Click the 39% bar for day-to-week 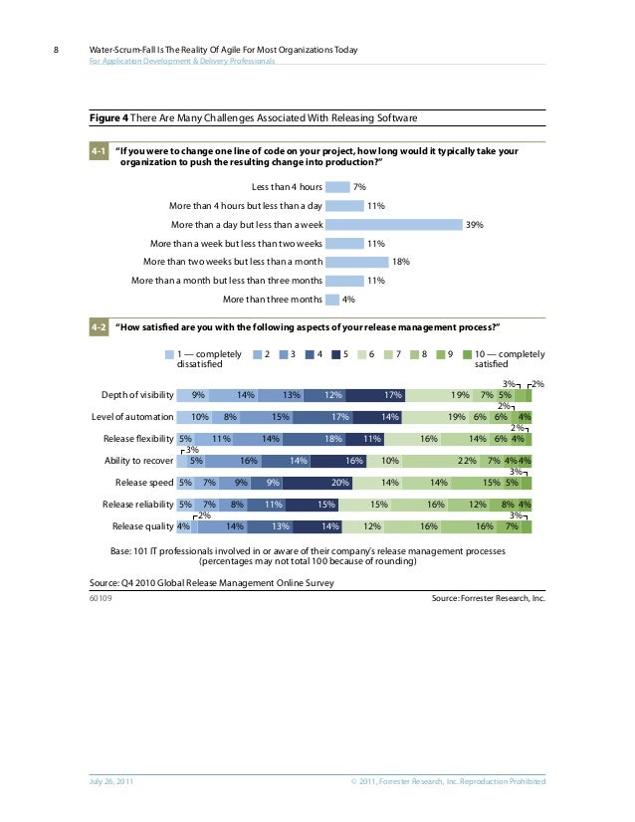click(395, 224)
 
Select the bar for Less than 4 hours click(338, 186)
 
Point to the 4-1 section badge click(98, 151)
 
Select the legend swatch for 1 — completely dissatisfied click(169, 353)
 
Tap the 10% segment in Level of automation click(198, 416)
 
